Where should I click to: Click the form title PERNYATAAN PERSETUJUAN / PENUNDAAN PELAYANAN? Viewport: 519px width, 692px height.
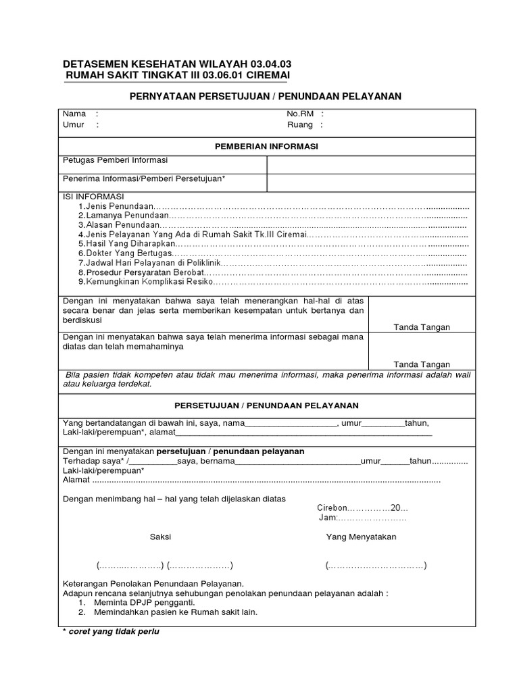[x=265, y=97]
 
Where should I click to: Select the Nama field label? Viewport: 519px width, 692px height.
[x=74, y=114]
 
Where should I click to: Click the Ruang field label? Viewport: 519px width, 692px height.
[x=300, y=125]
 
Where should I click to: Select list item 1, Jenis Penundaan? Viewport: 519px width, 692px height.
[x=119, y=206]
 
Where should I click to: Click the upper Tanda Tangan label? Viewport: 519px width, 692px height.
[x=422, y=327]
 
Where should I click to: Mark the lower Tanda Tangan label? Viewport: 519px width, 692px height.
[x=422, y=364]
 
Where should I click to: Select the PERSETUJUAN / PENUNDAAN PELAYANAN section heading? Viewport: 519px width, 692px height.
[x=266, y=405]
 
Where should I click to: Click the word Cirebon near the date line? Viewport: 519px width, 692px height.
[x=332, y=508]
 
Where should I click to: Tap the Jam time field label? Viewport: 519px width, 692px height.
[x=327, y=518]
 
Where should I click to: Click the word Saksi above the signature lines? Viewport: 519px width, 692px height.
[x=160, y=537]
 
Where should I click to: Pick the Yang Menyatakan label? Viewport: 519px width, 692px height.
[x=361, y=537]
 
